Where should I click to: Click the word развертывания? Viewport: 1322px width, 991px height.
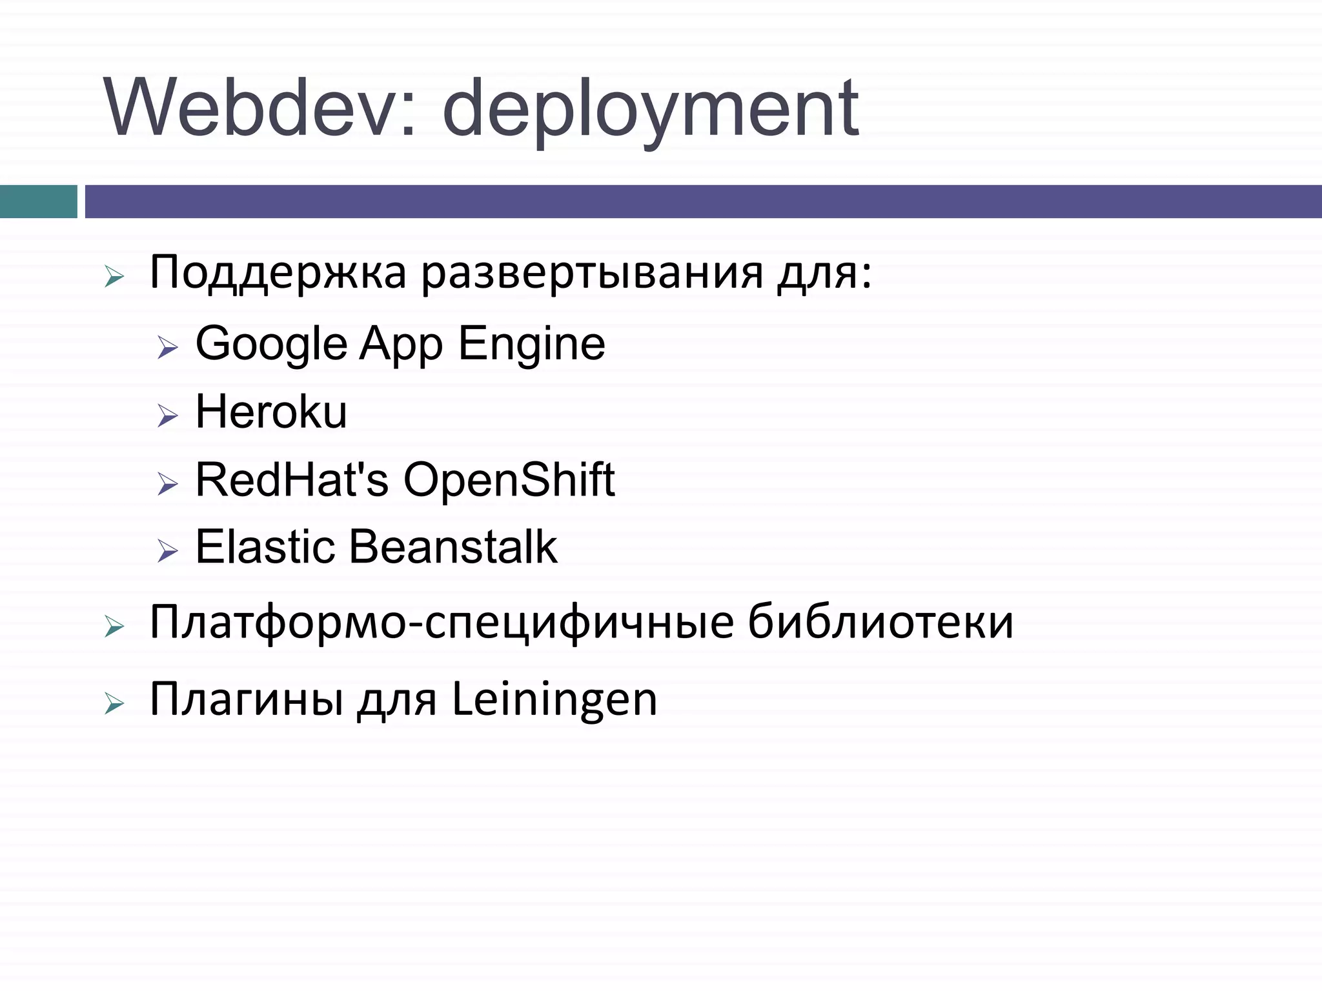(x=592, y=275)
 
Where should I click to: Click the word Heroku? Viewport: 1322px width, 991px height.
(x=271, y=412)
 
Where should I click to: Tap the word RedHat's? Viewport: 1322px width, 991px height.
(x=292, y=481)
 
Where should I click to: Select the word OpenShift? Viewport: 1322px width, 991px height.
(x=509, y=481)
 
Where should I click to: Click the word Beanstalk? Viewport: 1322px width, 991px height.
(x=453, y=548)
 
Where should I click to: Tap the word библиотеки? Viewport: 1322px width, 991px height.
(x=880, y=623)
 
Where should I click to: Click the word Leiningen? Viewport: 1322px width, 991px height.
(x=554, y=699)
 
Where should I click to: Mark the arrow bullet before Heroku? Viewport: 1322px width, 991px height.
(x=167, y=416)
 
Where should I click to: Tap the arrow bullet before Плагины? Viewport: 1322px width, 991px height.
(x=114, y=704)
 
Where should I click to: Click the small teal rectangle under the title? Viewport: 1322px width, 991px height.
(x=38, y=201)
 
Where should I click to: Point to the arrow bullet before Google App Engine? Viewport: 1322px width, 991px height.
(x=167, y=348)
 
